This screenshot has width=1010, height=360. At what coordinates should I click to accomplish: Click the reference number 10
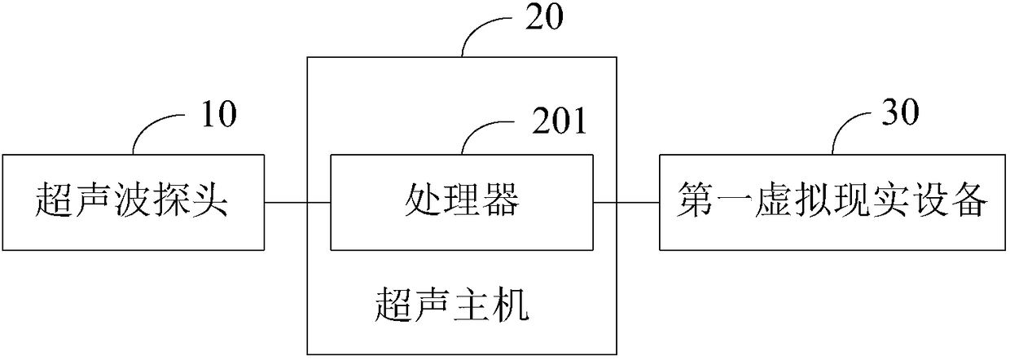pos(217,116)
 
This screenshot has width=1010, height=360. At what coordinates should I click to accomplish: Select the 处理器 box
pos(462,202)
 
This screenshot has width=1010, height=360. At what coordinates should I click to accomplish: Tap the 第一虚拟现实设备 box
pos(833,201)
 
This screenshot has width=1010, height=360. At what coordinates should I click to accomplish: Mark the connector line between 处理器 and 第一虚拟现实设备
pos(626,202)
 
